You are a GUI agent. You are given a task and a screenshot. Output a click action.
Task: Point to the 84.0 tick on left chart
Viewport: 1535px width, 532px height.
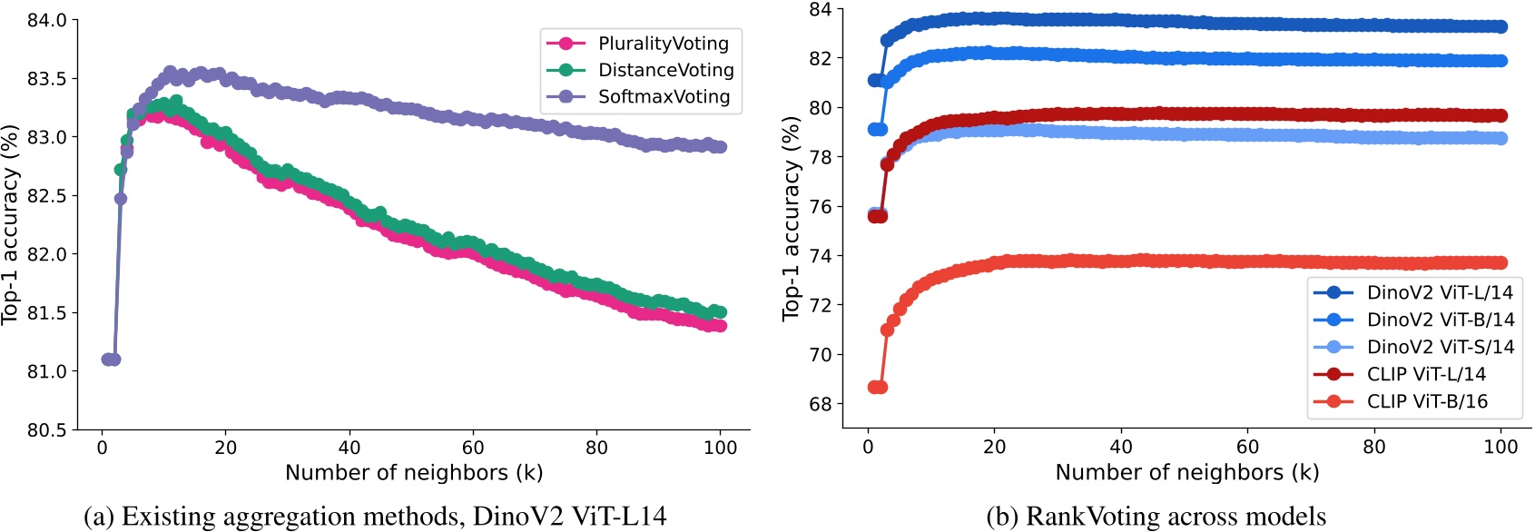tap(46, 20)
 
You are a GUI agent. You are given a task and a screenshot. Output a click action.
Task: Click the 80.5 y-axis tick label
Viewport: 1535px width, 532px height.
tap(46, 429)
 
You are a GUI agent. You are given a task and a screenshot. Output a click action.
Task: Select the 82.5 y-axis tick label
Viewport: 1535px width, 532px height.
tap(46, 195)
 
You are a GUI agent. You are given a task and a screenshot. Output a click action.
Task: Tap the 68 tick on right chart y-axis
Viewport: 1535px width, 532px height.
tap(820, 404)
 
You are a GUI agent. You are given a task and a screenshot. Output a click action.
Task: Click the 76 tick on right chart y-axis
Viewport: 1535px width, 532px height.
tap(820, 206)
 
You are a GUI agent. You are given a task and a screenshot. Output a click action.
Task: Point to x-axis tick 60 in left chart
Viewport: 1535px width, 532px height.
tap(473, 447)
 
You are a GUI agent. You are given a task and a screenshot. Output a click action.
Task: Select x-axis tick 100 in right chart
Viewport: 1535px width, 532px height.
tap(1501, 446)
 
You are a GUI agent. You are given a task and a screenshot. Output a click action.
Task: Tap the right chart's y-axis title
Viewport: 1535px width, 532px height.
tap(791, 218)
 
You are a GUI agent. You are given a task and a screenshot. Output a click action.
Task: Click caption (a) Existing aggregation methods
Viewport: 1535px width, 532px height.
tap(375, 516)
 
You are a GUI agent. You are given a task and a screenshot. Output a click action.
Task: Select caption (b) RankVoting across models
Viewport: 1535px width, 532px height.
tap(1156, 516)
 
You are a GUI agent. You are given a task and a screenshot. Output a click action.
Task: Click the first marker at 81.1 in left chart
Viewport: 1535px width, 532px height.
tap(107, 360)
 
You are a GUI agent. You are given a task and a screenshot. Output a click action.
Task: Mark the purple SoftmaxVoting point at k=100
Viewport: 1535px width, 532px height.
tap(720, 146)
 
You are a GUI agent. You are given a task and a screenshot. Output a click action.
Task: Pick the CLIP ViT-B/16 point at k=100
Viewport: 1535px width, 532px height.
tap(1501, 262)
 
